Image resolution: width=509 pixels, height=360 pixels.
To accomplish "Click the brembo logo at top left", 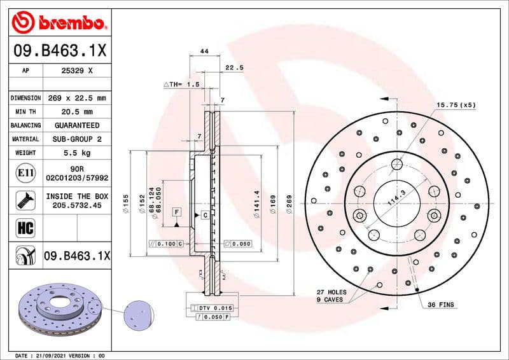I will [x=59, y=24].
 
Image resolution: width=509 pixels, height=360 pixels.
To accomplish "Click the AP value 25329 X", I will [x=76, y=71].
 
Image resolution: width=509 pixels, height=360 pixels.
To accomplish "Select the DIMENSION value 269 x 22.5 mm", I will [x=76, y=98].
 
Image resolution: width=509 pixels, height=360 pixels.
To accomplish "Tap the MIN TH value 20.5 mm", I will [x=76, y=111].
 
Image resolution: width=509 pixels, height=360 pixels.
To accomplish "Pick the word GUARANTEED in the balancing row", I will [x=76, y=125].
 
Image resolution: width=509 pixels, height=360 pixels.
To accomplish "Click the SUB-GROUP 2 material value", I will [x=76, y=139].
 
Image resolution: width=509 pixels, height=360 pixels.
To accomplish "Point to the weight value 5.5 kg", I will [x=76, y=153].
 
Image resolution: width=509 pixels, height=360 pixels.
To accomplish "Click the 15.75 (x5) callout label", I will [x=456, y=104].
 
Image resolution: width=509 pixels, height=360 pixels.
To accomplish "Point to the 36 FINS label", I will [x=440, y=305].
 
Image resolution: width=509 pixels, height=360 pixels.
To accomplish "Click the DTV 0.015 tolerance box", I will [x=209, y=308].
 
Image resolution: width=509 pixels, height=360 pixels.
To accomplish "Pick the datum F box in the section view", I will [x=176, y=211].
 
